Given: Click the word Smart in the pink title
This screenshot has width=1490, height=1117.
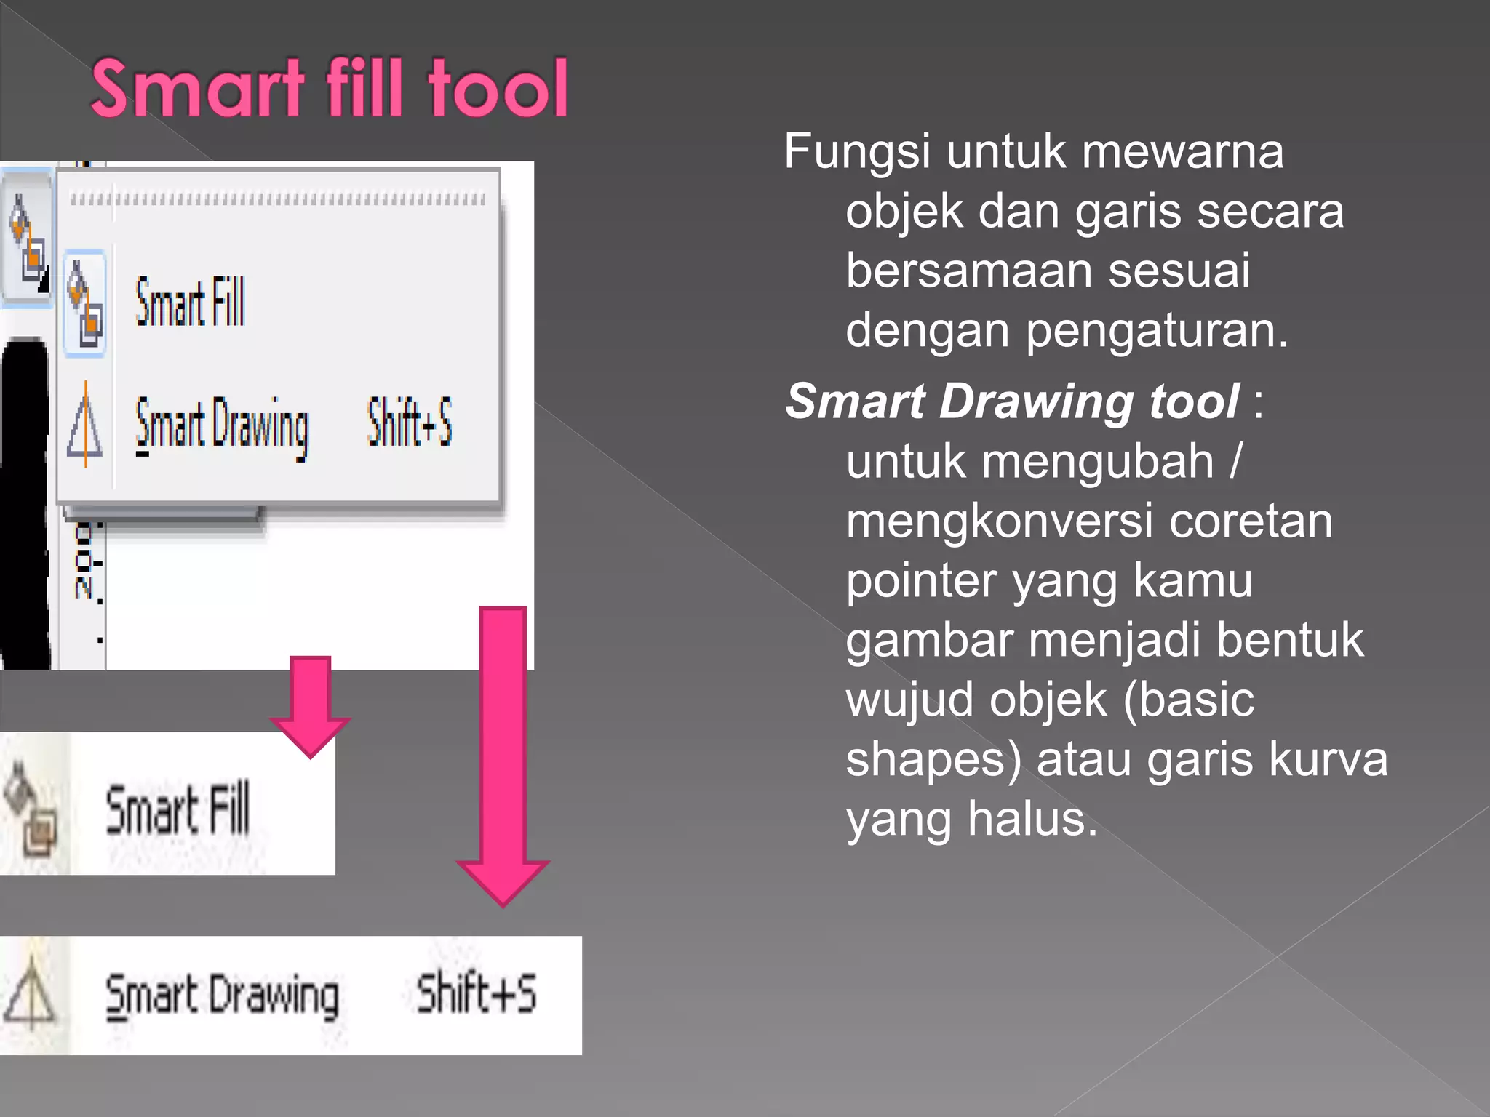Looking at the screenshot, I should coord(198,89).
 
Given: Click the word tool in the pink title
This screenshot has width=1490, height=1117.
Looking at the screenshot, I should coord(498,89).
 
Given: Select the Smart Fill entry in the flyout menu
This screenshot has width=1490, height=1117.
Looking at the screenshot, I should coord(191,303).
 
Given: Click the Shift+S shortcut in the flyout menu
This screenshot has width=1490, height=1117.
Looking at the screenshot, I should coord(410,422).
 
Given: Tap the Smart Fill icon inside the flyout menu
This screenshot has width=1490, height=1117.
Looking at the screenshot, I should coord(85,304).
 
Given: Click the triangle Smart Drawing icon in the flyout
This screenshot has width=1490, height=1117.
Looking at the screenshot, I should coord(85,425).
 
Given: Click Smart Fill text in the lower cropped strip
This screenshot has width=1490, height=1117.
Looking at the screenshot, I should coord(178,809).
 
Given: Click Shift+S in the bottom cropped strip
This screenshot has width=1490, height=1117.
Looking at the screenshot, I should coord(477,993).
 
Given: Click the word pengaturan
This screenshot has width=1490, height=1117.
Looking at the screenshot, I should coord(1157,332).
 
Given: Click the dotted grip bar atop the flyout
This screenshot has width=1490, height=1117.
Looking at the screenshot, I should coord(277,199).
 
